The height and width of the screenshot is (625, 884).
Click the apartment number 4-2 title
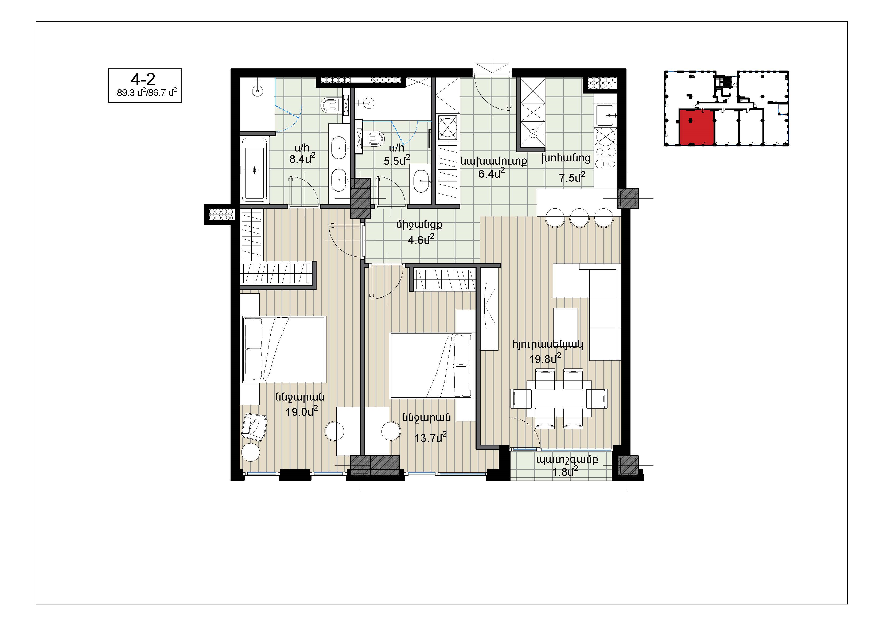click(143, 79)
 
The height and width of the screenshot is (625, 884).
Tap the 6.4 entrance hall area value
click(491, 173)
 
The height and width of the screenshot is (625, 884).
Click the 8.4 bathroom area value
click(302, 158)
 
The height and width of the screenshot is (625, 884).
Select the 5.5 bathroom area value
click(396, 160)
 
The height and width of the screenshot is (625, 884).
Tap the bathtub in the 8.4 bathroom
click(254, 169)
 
